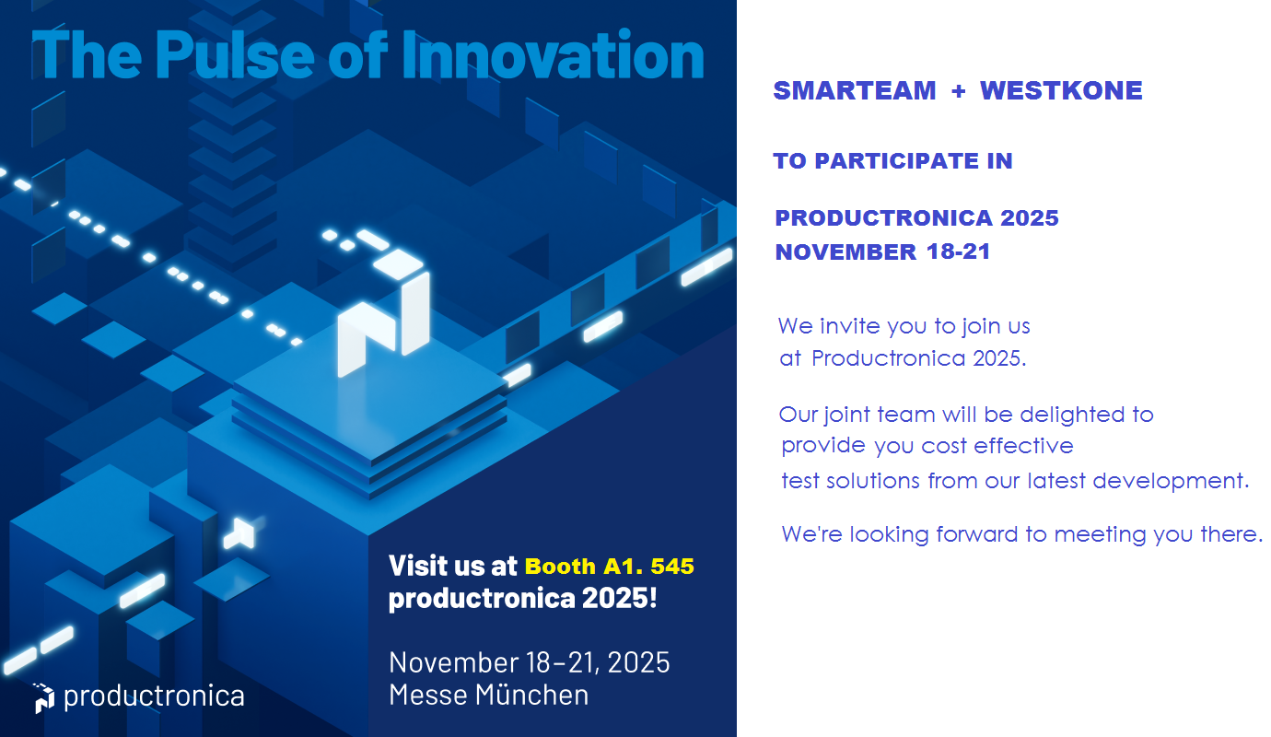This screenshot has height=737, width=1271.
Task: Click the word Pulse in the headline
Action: [234, 54]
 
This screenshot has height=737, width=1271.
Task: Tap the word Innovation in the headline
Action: [553, 54]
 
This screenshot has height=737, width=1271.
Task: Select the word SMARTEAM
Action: [855, 91]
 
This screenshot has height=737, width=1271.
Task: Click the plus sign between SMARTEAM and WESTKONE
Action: [959, 91]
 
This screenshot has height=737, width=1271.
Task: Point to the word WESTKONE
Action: [1061, 91]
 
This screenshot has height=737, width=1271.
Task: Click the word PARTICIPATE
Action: [897, 161]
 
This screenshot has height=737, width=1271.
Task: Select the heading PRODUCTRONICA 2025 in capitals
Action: [917, 217]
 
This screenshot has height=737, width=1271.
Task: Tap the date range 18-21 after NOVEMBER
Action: [959, 252]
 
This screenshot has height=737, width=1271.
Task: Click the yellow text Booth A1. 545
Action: [610, 567]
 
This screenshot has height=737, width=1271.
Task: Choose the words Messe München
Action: [488, 695]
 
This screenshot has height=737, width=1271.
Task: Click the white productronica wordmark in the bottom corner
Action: [154, 696]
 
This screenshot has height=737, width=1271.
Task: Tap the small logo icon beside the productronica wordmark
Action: [43, 698]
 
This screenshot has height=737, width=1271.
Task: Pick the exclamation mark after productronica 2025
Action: [653, 597]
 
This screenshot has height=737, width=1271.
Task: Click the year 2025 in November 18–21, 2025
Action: [638, 662]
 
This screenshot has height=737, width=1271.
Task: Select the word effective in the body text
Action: [1023, 446]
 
